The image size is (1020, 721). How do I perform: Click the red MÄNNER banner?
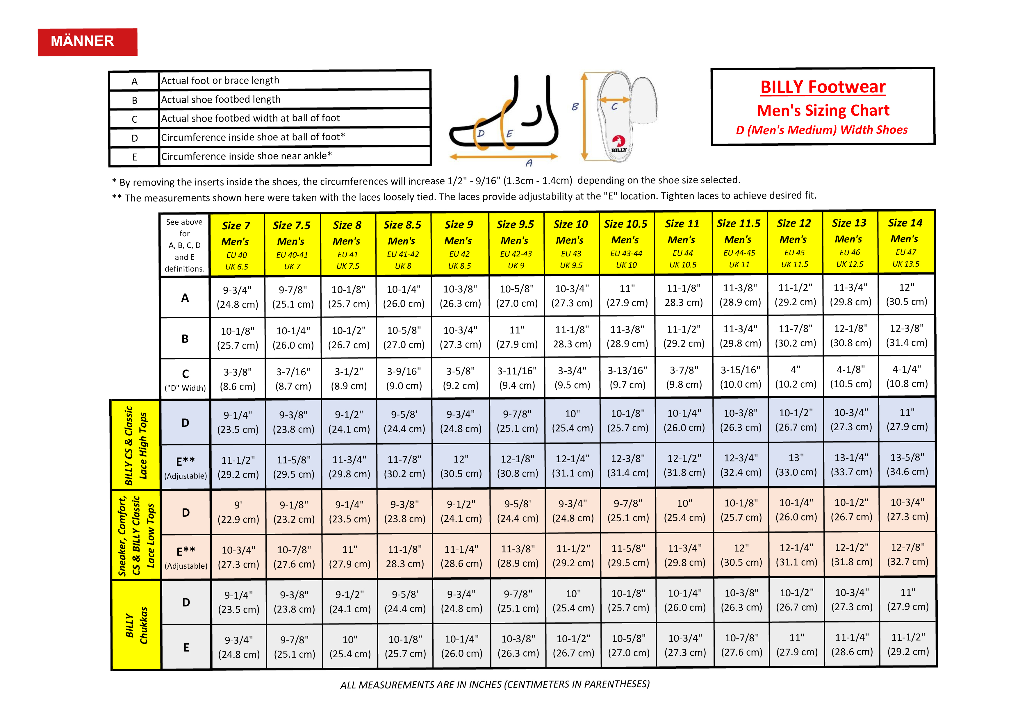87,42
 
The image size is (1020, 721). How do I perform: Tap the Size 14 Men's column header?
905,242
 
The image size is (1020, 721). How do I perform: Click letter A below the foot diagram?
529,163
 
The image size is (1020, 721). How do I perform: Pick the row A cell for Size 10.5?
627,295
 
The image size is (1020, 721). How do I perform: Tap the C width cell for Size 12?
795,377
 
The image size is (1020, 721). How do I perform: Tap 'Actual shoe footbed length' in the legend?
221,99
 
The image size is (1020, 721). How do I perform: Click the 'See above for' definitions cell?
184,245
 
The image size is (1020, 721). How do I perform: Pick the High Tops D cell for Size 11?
684,420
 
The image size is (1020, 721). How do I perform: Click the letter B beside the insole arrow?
575,107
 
